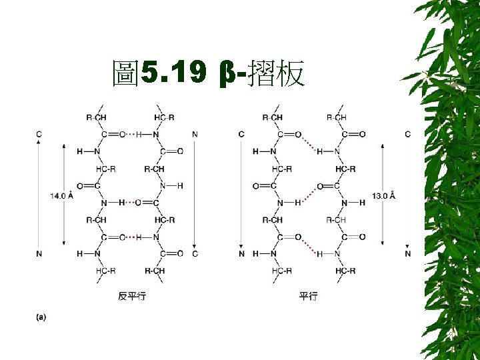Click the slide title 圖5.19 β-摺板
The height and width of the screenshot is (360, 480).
pos(209,74)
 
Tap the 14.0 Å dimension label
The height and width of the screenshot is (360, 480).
pos(61,196)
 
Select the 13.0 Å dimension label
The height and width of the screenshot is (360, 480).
pos(383,196)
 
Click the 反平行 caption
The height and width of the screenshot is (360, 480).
pos(131,296)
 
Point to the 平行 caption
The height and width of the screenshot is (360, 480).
pos(308,296)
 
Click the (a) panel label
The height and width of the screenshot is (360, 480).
pos(41,317)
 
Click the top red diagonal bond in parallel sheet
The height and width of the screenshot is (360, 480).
pos(307,143)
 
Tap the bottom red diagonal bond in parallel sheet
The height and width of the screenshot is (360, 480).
pos(307,245)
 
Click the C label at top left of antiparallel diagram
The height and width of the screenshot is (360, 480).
pos(39,134)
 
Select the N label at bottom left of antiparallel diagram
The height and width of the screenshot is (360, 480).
pos(39,254)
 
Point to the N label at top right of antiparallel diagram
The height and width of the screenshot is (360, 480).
pos(195,134)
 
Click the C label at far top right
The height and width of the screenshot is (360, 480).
pos(407,134)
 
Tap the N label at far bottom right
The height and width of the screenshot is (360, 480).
pos(407,254)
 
